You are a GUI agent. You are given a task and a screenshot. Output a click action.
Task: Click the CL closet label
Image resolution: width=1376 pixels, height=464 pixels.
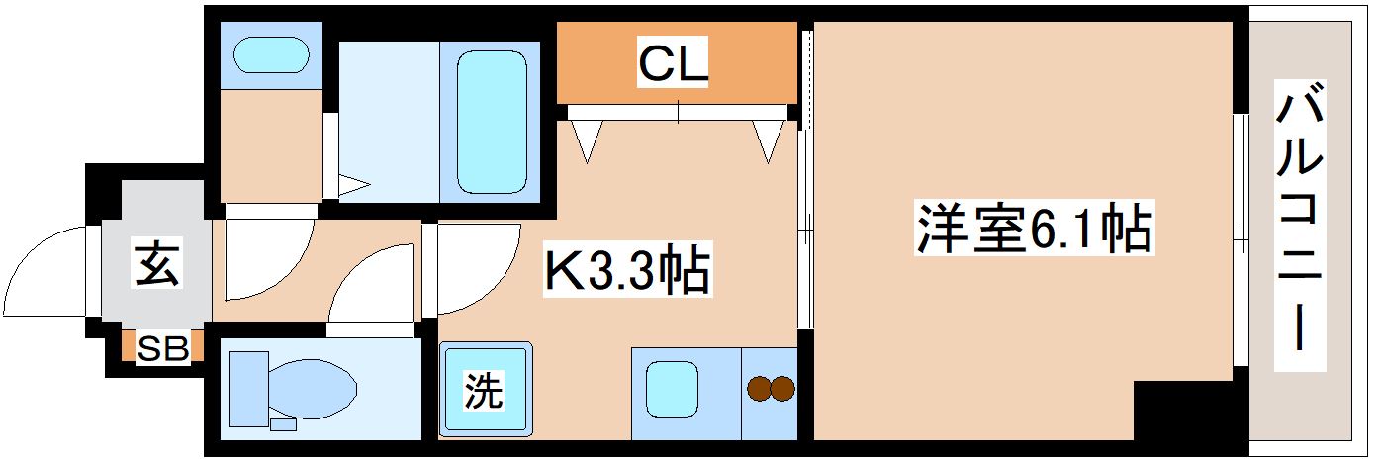pyautogui.click(x=674, y=65)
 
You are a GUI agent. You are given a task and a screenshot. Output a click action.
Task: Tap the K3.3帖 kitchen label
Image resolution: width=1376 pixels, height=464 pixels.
pyautogui.click(x=626, y=271)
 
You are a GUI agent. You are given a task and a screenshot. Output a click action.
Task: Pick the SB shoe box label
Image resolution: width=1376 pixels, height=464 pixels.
pyautogui.click(x=163, y=348)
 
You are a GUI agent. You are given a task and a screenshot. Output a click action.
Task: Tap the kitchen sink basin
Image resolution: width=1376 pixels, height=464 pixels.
pyautogui.click(x=673, y=389)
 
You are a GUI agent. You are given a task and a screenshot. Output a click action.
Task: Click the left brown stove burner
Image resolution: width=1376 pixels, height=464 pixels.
pyautogui.click(x=759, y=389)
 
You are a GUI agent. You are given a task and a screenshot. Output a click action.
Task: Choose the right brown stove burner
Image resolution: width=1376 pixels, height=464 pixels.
pyautogui.click(x=782, y=389)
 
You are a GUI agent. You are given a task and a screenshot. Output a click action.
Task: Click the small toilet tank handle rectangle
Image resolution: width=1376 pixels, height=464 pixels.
pyautogui.click(x=283, y=424)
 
